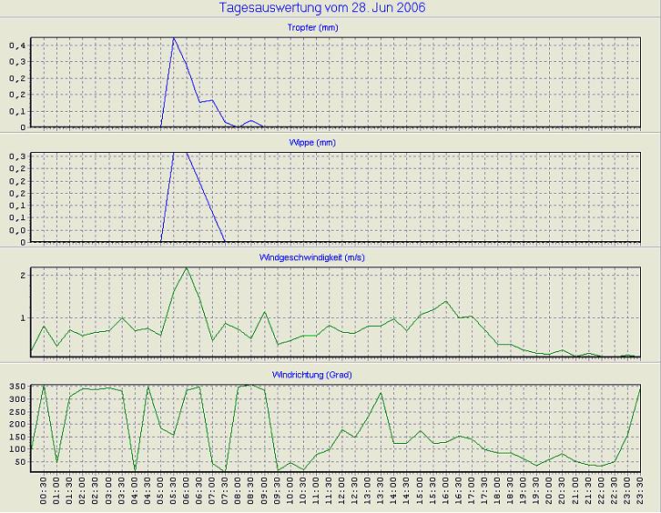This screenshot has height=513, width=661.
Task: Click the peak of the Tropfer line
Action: pos(174,38)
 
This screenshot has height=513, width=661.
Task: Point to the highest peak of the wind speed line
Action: pos(187,267)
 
